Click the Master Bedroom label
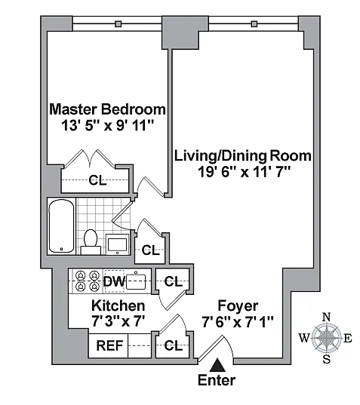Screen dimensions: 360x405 point(107,109)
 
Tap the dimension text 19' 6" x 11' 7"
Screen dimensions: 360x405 point(245,172)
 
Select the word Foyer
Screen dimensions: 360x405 point(238,306)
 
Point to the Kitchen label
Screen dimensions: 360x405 point(118,305)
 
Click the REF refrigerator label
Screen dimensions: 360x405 point(109,345)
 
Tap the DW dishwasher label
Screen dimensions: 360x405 point(114,281)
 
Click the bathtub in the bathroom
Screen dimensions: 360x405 point(61,226)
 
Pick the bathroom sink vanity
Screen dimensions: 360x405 point(117,244)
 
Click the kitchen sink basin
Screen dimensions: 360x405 point(136,281)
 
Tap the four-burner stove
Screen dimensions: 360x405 point(88,281)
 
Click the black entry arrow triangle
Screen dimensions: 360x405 point(217,365)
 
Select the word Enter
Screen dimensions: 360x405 point(217,380)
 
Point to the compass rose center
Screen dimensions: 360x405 point(326,337)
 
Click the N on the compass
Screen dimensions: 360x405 point(327,317)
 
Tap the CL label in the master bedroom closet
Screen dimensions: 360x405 point(97,180)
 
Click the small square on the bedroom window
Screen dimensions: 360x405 point(118,24)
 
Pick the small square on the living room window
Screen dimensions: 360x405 point(254,24)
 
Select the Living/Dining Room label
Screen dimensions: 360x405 point(243,156)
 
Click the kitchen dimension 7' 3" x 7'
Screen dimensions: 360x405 point(118,322)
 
